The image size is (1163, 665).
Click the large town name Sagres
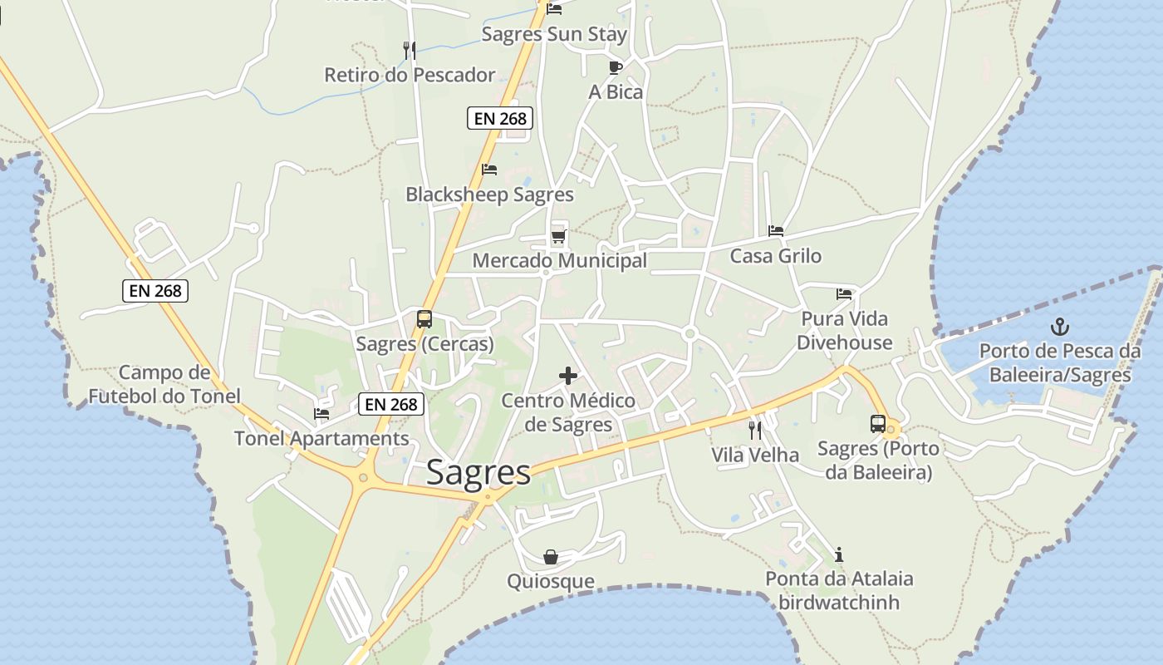(478, 472)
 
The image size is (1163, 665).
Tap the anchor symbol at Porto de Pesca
(1060, 327)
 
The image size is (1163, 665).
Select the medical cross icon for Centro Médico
(568, 377)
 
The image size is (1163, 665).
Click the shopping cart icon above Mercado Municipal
(558, 237)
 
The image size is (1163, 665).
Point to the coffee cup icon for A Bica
(615, 67)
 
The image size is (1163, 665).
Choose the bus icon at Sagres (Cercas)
(424, 319)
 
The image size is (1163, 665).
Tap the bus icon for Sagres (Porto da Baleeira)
(878, 424)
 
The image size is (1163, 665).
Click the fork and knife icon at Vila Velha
(755, 430)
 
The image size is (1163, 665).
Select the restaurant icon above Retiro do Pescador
(410, 51)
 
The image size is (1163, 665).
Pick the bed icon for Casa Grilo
(776, 231)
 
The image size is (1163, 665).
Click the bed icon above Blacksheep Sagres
(489, 170)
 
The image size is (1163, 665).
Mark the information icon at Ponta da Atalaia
(839, 554)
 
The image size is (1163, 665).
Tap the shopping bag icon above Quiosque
(551, 557)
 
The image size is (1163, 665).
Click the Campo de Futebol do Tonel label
(164, 384)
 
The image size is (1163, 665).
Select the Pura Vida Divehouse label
(844, 331)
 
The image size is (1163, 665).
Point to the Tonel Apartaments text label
(321, 438)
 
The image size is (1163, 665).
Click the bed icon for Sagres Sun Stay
(554, 9)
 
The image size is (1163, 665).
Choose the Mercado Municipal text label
(560, 261)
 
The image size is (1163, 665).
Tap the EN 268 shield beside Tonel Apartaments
(392, 405)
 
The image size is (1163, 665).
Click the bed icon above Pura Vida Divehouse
(844, 294)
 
